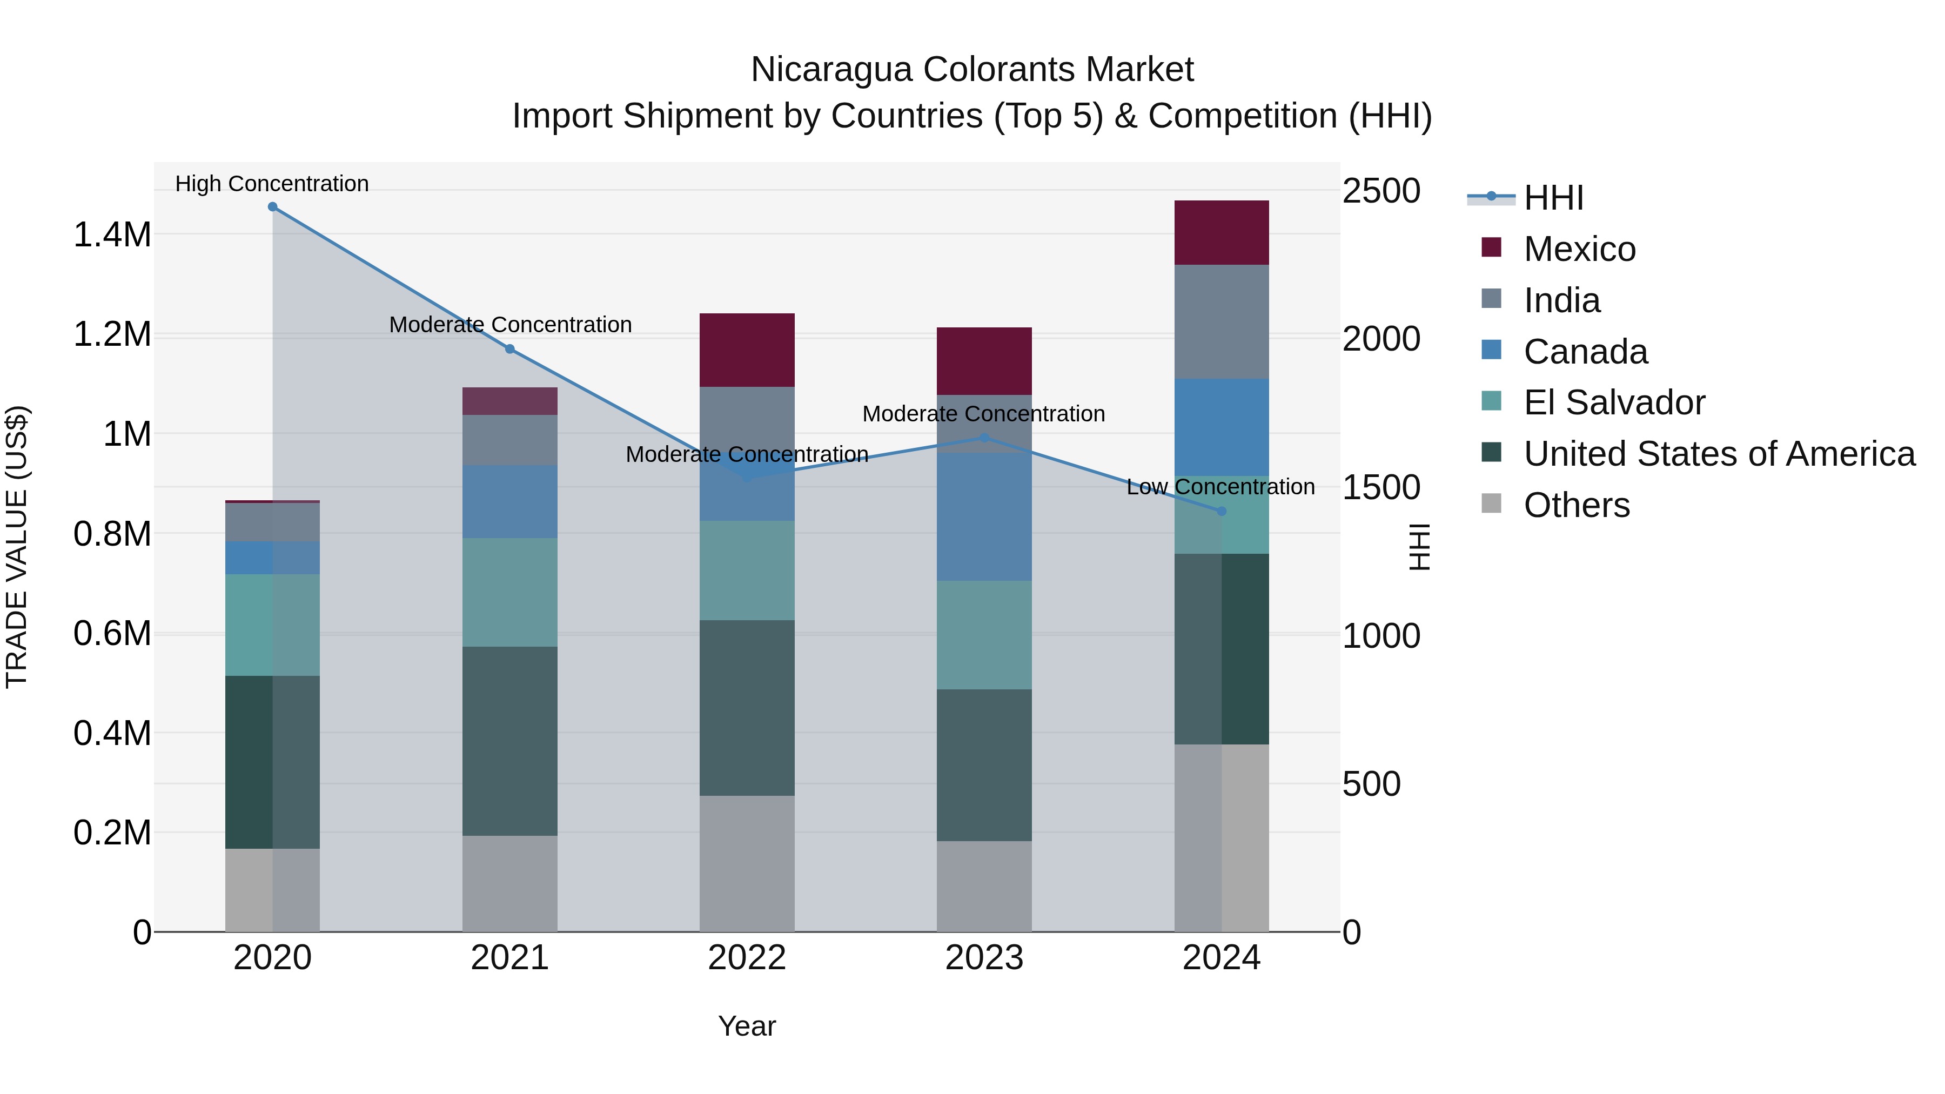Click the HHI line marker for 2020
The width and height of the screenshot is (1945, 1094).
coord(273,207)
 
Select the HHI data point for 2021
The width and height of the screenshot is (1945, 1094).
coord(509,349)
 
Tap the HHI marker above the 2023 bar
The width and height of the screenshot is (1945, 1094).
coord(984,438)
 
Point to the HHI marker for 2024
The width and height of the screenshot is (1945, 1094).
coord(1222,511)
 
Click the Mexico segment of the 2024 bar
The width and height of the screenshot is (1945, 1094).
coord(1222,232)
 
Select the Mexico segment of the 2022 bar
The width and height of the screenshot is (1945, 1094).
coord(747,350)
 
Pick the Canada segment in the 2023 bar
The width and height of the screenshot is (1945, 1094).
coord(984,516)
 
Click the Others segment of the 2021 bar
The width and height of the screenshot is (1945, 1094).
coord(509,883)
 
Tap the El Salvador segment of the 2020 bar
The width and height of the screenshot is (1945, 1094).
coord(273,625)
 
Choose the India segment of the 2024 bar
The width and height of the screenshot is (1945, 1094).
coord(1222,321)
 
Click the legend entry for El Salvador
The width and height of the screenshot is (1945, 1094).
coord(1613,402)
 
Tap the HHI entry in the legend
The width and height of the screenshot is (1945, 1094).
coord(1553,198)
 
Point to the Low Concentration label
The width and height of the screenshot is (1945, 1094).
coord(1220,487)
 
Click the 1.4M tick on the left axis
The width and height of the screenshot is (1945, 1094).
coord(112,235)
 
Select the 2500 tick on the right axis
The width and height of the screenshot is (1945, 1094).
coord(1381,191)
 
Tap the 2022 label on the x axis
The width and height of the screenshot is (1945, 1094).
coord(747,958)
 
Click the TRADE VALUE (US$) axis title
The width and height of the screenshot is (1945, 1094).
coord(17,547)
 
